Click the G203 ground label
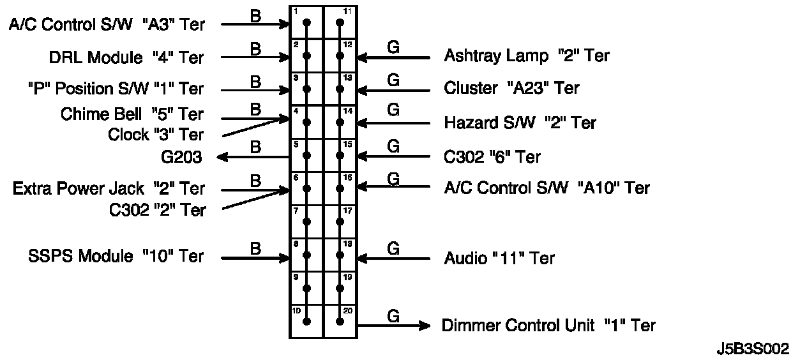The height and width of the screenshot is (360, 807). (x=182, y=157)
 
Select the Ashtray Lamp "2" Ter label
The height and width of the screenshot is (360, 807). (x=526, y=56)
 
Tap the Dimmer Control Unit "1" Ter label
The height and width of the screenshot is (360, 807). (x=548, y=326)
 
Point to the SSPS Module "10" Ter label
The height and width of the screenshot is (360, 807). (x=116, y=257)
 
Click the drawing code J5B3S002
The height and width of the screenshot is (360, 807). (x=753, y=349)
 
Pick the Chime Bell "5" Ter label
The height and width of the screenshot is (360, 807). (x=132, y=114)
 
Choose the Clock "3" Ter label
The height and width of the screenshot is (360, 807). (x=156, y=135)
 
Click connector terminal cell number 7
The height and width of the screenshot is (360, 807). (x=306, y=221)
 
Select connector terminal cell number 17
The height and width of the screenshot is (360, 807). (x=340, y=221)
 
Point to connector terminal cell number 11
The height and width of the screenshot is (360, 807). (x=340, y=22)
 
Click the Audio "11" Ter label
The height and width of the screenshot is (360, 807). (x=499, y=258)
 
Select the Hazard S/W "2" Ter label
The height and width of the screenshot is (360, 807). (x=520, y=123)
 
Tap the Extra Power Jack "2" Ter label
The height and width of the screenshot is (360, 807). (x=109, y=189)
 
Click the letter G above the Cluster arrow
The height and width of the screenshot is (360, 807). (x=393, y=80)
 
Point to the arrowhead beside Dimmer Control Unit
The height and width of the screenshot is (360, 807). (x=424, y=326)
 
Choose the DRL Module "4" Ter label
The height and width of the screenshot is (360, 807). (x=126, y=58)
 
